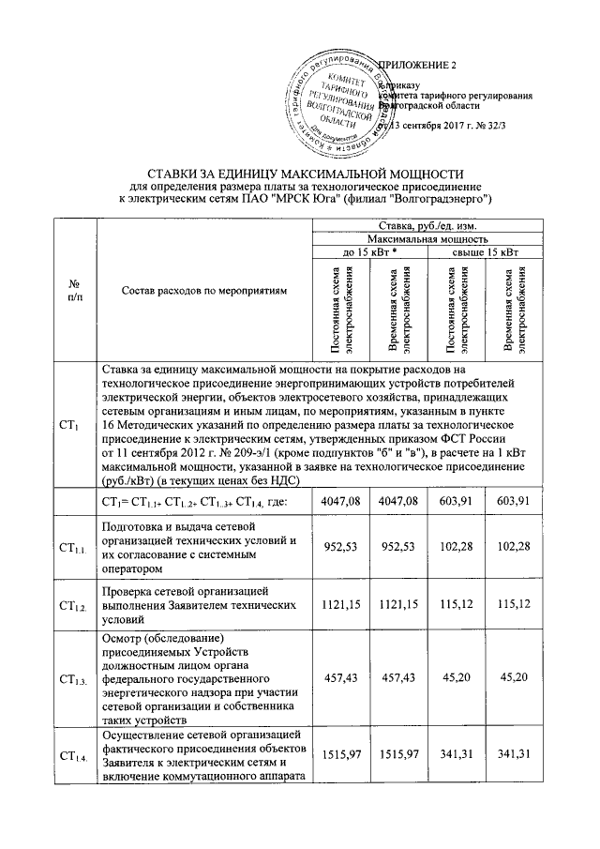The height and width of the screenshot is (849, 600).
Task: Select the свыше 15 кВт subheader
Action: coord(486,252)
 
